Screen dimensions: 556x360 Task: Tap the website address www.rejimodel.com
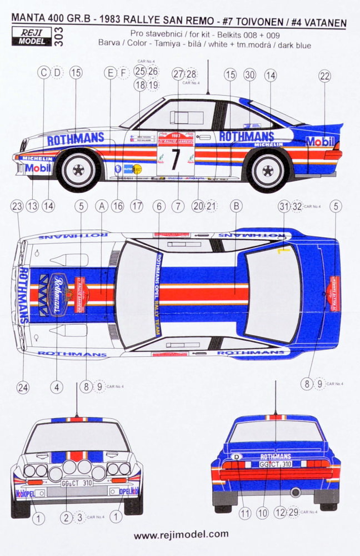(181, 534)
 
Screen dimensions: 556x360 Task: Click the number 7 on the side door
(175, 159)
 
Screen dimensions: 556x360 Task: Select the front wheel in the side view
(78, 170)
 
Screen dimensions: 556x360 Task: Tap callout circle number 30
(249, 73)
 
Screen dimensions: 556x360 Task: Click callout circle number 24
(23, 388)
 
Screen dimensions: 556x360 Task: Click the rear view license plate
(276, 463)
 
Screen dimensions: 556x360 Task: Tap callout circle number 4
(56, 388)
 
